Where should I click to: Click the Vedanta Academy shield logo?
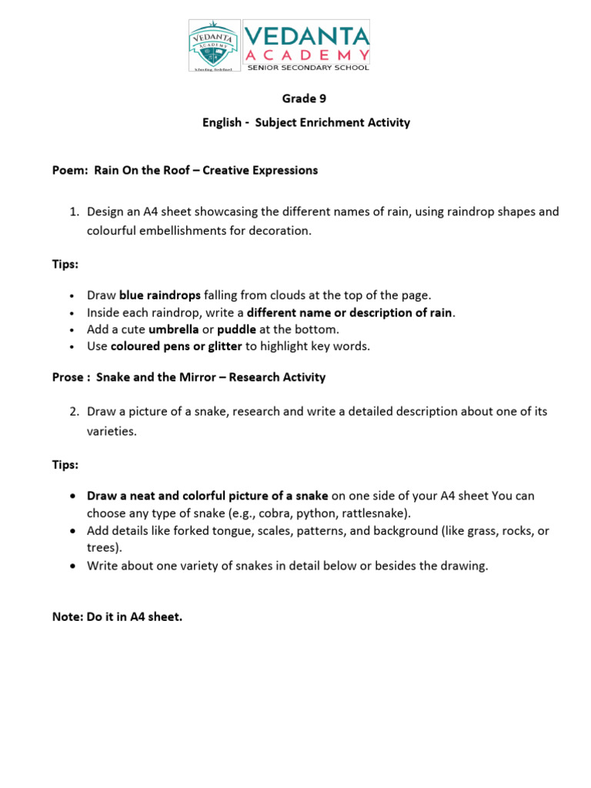(x=213, y=45)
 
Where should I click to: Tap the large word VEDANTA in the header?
(x=306, y=35)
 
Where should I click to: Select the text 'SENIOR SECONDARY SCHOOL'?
(x=307, y=67)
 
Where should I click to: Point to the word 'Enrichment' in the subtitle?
(x=323, y=122)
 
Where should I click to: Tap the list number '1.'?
(x=75, y=212)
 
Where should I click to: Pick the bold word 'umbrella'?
(x=173, y=329)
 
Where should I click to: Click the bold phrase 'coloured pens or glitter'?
(x=176, y=346)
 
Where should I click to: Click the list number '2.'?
(x=75, y=412)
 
